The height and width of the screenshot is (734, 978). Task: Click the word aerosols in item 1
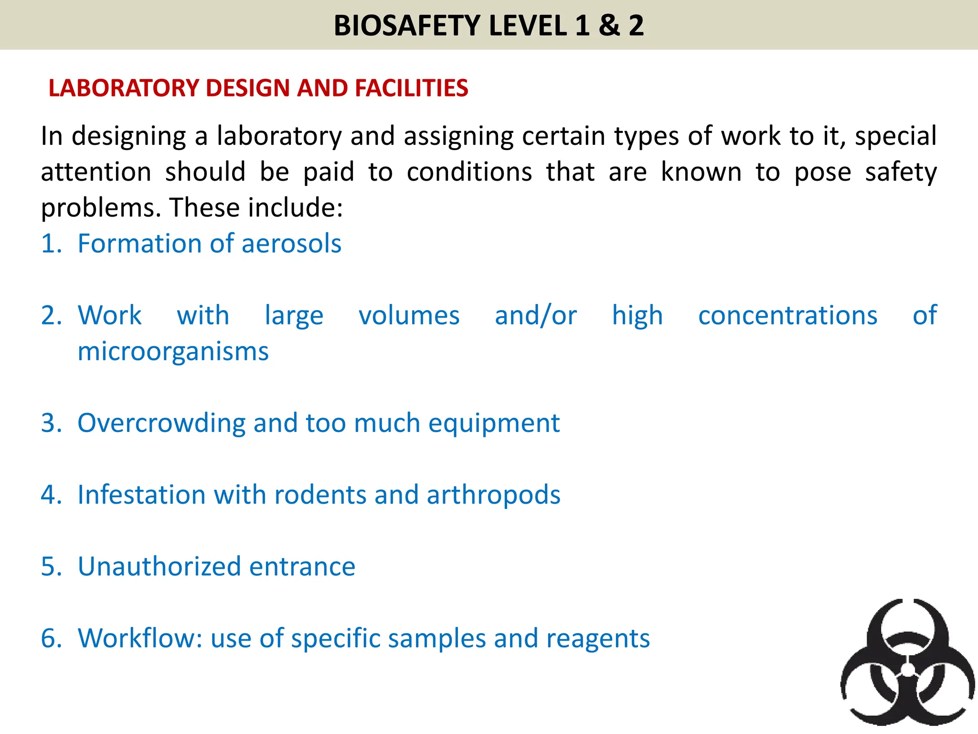tap(291, 244)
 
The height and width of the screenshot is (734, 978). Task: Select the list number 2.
tap(51, 316)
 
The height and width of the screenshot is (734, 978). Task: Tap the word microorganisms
tap(173, 352)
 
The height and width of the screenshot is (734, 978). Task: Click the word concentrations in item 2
tap(787, 316)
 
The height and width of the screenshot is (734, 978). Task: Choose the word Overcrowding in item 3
tap(161, 423)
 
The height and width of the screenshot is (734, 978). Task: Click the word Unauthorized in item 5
tap(159, 567)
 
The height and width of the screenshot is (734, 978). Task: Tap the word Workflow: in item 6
tap(140, 638)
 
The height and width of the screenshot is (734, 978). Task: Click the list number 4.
tap(51, 495)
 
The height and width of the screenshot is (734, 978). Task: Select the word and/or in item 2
tap(536, 316)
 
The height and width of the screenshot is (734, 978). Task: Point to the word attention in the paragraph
tap(96, 172)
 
